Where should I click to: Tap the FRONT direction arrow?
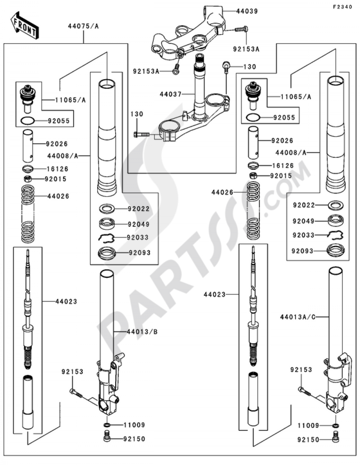[x=24, y=25]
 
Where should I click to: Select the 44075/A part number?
[x=83, y=26]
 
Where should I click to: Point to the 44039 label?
[x=247, y=11]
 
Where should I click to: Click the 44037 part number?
[x=171, y=94]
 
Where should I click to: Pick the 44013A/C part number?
[x=297, y=317]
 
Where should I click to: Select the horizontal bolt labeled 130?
[x=141, y=134]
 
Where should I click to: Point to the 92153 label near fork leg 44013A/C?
[x=301, y=370]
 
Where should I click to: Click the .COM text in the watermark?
[x=288, y=187]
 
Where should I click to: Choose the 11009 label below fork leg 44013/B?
[x=134, y=425]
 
